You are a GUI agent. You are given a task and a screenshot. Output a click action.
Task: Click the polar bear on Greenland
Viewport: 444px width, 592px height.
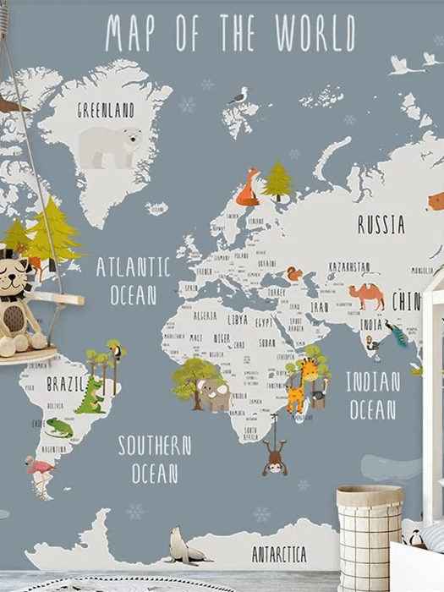(110, 145)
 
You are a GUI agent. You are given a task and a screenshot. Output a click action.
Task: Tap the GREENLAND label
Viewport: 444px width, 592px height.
(106, 110)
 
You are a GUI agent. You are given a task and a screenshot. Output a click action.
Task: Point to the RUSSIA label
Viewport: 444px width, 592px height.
(381, 225)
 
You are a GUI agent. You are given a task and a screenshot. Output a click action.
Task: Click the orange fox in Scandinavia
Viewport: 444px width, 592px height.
(248, 189)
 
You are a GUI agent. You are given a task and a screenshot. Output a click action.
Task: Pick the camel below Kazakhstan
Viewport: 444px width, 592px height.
(367, 295)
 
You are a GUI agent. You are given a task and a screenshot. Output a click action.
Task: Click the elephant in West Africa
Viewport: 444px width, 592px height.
(215, 394)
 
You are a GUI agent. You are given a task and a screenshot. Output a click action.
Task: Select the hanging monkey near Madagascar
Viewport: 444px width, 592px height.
(274, 456)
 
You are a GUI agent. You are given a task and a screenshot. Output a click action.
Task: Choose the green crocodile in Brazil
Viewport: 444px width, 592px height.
(90, 395)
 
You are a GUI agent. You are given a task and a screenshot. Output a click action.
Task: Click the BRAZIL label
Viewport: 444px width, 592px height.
(66, 384)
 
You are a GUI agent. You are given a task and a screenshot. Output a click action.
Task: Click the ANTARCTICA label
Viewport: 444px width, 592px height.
(279, 555)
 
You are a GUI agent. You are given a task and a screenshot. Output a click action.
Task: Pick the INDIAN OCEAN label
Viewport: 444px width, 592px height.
(372, 395)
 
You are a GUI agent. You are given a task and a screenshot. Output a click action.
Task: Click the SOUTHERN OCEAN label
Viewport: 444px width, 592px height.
(154, 458)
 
